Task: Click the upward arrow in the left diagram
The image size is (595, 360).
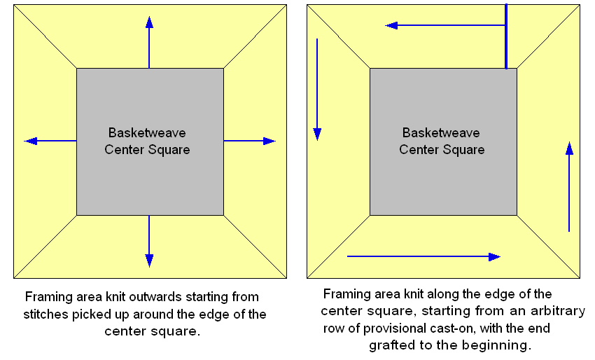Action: pos(149,41)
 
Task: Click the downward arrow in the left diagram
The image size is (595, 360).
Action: pos(149,241)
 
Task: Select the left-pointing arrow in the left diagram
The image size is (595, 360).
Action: pos(50,141)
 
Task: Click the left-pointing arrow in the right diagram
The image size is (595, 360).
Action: pos(445,25)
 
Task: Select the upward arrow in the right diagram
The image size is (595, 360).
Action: pos(569,186)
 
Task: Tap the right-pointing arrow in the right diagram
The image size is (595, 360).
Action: pos(423,256)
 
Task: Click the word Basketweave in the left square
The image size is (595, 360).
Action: pos(147,133)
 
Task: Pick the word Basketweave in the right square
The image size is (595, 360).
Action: pos(441,133)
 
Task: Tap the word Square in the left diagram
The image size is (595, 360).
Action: pos(171,149)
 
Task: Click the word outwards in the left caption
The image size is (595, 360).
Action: pos(176,297)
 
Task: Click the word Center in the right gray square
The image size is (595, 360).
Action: pos(417,149)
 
